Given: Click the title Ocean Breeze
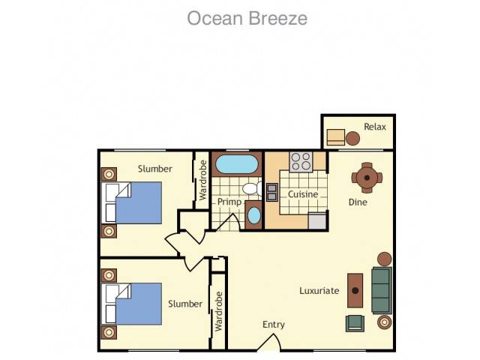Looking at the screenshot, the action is pyautogui.click(x=247, y=18).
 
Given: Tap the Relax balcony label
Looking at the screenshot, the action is pyautogui.click(x=375, y=127).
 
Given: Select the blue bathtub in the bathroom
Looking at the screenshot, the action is pyautogui.click(x=237, y=164).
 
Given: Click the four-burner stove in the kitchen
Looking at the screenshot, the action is pyautogui.click(x=301, y=162).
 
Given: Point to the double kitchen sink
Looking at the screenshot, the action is pyautogui.click(x=271, y=192).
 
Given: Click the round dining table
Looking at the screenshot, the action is pyautogui.click(x=367, y=178).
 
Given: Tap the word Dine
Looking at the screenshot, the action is pyautogui.click(x=358, y=202).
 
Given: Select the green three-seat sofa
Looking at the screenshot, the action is pyautogui.click(x=382, y=290).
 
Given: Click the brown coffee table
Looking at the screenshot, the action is pyautogui.click(x=355, y=290).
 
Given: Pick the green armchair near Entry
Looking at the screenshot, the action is pyautogui.click(x=355, y=323).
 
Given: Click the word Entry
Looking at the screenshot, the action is pyautogui.click(x=274, y=325).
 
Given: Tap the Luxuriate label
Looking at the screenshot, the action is pyautogui.click(x=319, y=290).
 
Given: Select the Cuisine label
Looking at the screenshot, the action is pyautogui.click(x=303, y=194).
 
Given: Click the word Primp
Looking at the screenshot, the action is pyautogui.click(x=229, y=202).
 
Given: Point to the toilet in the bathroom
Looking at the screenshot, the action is pyautogui.click(x=253, y=188).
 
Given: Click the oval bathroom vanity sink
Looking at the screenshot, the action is pyautogui.click(x=253, y=215).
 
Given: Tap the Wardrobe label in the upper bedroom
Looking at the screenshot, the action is pyautogui.click(x=202, y=180).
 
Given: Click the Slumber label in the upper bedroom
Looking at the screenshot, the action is pyautogui.click(x=155, y=169).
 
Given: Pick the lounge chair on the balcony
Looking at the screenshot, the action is pyautogui.click(x=336, y=137).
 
